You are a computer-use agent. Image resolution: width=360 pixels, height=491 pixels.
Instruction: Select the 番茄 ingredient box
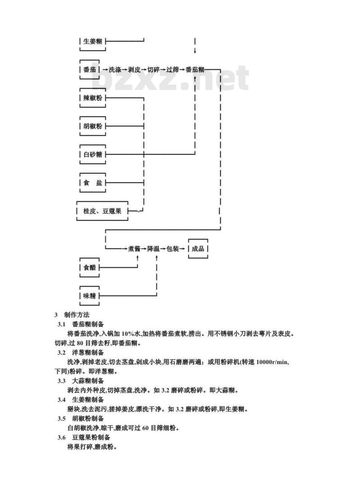click(90, 69)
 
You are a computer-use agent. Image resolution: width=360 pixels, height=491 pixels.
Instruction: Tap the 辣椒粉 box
click(93, 98)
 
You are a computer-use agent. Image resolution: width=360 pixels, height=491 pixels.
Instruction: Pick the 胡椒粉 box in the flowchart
click(93, 126)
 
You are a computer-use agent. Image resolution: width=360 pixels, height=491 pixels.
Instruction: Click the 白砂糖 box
click(93, 154)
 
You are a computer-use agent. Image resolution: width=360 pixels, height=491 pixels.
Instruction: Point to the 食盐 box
click(93, 183)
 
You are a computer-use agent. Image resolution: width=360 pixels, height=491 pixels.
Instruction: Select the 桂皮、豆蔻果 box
click(102, 211)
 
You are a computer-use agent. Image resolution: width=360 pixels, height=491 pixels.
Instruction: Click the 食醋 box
click(90, 267)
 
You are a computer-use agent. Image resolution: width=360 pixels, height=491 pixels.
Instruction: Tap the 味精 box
click(90, 296)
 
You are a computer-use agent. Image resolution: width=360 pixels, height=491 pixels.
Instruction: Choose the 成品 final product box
click(198, 248)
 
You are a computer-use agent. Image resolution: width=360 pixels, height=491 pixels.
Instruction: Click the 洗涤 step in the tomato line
click(115, 69)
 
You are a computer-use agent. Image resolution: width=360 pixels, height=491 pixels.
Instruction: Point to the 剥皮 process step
click(134, 69)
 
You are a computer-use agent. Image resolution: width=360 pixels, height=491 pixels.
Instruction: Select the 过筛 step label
click(172, 69)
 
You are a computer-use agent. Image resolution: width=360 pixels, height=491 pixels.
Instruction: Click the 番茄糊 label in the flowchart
click(195, 69)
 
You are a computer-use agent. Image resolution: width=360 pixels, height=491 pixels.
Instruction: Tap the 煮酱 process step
click(134, 248)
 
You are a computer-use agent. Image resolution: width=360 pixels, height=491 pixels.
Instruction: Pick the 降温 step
click(153, 248)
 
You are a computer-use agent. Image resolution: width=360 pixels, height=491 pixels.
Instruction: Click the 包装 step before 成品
click(172, 248)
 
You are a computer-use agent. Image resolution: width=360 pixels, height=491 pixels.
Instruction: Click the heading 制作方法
click(77, 315)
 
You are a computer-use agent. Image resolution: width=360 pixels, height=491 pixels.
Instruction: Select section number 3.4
click(61, 400)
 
